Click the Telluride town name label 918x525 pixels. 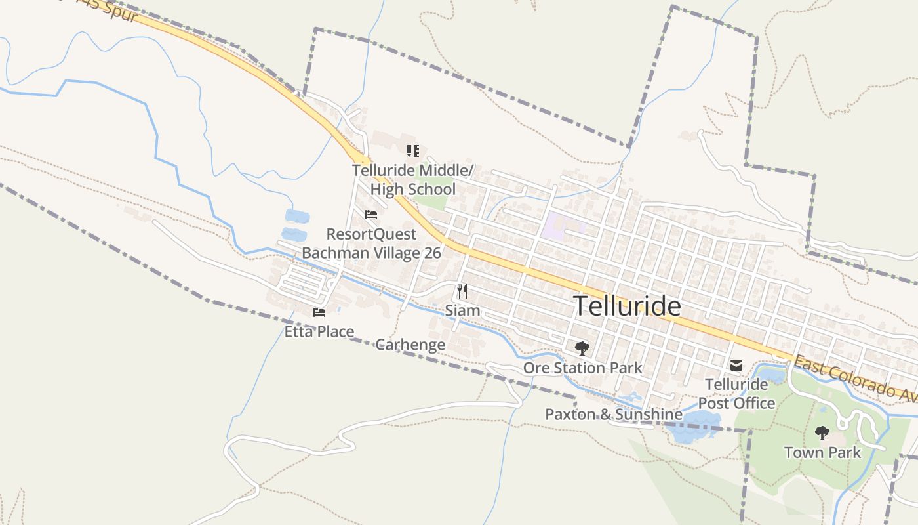pyautogui.click(x=627, y=306)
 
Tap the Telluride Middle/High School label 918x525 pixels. pyautogui.click(x=412, y=180)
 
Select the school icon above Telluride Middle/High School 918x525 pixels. pyautogui.click(x=412, y=152)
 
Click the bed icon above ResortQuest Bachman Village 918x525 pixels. pyautogui.click(x=371, y=215)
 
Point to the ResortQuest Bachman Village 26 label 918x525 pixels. pyautogui.click(x=371, y=243)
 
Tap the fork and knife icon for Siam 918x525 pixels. pyautogui.click(x=462, y=291)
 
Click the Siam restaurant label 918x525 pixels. pyautogui.click(x=462, y=310)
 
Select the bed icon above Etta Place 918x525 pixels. pyautogui.click(x=319, y=312)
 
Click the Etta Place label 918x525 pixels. pyautogui.click(x=319, y=332)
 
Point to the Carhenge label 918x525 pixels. pyautogui.click(x=410, y=345)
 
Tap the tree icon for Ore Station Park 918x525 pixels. pyautogui.click(x=582, y=348)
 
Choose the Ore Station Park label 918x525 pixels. pyautogui.click(x=582, y=368)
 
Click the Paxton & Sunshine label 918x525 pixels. pyautogui.click(x=614, y=415)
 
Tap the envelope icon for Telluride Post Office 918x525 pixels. pyautogui.click(x=736, y=365)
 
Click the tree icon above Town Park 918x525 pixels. pyautogui.click(x=822, y=433)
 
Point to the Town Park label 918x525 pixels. pyautogui.click(x=822, y=453)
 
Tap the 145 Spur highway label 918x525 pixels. pyautogui.click(x=111, y=9)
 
